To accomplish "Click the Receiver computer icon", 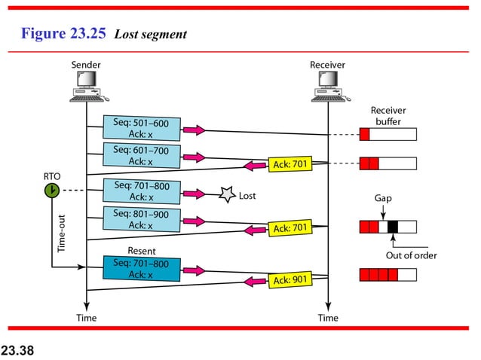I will coord(327,87).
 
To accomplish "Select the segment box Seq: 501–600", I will coord(141,128).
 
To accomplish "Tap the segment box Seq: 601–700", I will coord(141,156).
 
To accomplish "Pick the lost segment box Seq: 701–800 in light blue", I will coord(141,191).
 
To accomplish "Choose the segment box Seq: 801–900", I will coord(141,219).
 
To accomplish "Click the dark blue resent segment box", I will coord(141,269).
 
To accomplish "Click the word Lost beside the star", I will coord(247,196).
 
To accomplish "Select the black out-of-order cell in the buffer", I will coord(392,226).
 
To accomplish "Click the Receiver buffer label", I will coord(389,116).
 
